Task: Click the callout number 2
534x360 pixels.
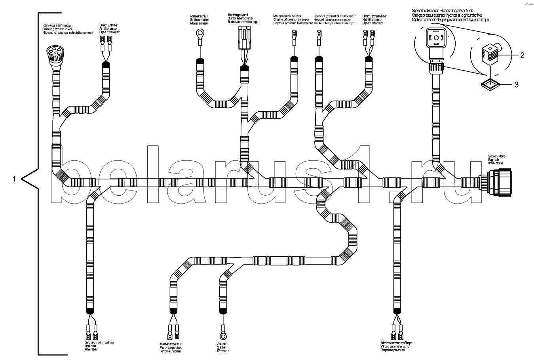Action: point(522,55)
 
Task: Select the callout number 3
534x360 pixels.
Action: point(516,84)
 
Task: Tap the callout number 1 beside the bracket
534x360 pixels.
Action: point(15,179)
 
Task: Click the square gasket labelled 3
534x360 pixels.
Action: point(490,84)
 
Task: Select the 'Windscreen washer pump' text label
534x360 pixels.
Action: point(396,346)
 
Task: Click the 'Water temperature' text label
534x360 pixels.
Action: point(171,347)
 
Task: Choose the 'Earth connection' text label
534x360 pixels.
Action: point(200,20)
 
